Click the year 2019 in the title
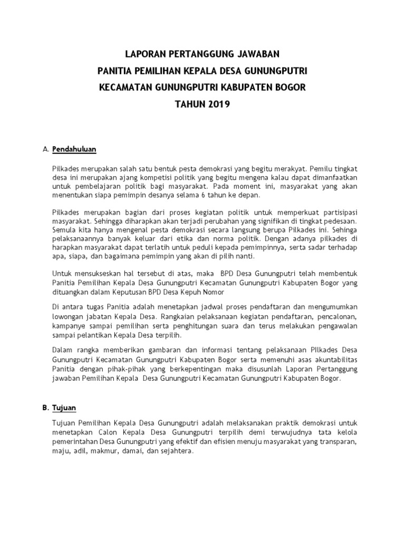(218, 104)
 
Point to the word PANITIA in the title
(116, 70)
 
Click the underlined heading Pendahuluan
(74, 149)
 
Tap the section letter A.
(44, 149)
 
